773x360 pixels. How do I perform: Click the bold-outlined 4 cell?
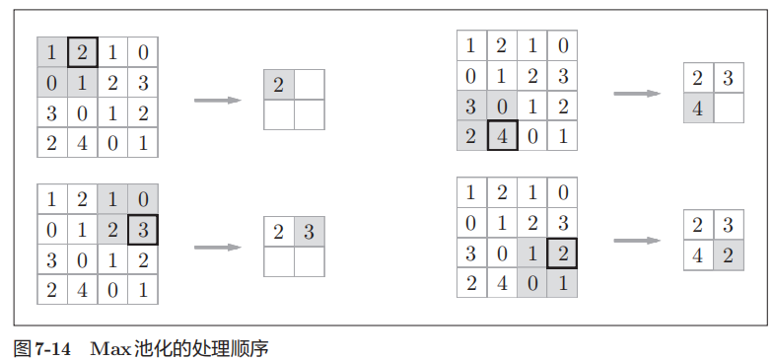502,135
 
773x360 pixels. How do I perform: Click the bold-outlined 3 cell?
143,230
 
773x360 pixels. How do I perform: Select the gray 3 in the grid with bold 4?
471,106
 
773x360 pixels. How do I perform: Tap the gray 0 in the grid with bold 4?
502,106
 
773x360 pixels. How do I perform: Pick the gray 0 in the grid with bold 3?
143,199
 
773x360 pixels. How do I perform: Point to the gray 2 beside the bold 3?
112,230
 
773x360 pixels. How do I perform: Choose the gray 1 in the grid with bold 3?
112,199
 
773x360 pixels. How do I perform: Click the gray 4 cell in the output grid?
698,108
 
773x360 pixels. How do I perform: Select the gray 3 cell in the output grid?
309,233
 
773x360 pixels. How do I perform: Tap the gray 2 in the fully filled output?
729,254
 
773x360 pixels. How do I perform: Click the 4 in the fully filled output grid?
698,254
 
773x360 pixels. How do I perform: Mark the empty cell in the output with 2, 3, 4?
729,108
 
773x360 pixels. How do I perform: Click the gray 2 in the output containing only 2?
279,86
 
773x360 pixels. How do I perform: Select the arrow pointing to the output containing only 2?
218,101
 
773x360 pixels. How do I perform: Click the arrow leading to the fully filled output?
637,240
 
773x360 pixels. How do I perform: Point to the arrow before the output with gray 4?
637,94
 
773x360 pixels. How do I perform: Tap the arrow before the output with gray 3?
218,247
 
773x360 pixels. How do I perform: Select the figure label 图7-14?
40,347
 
